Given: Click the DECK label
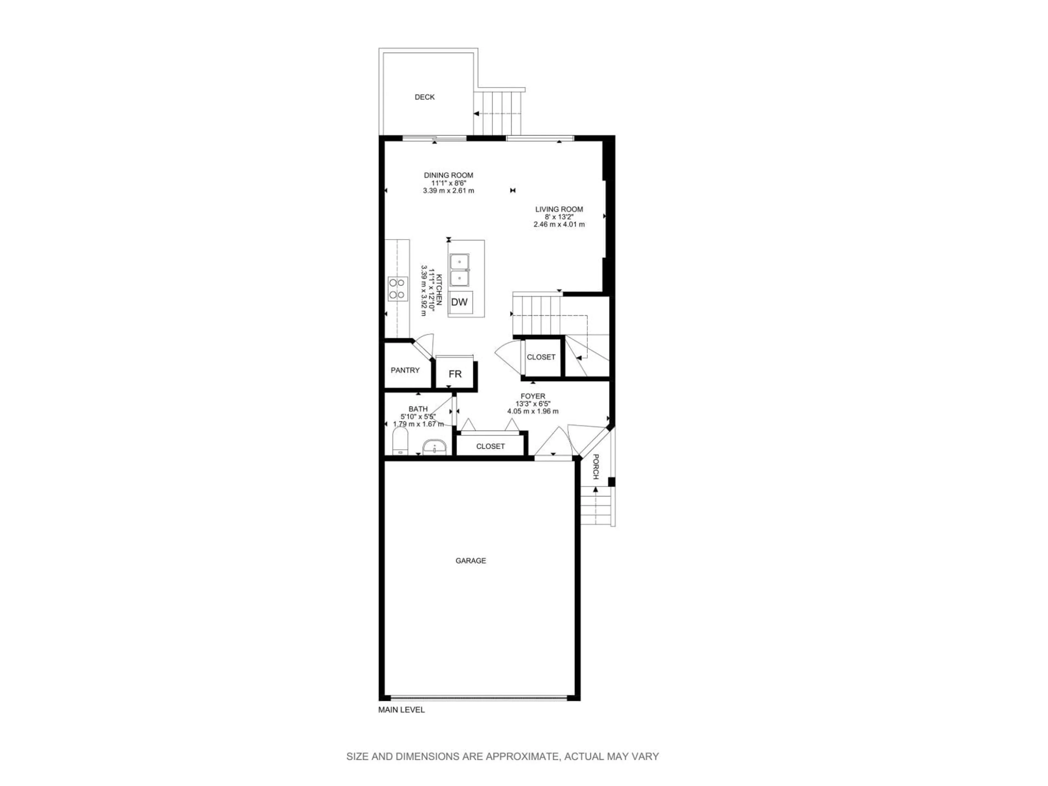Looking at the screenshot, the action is pyautogui.click(x=424, y=97).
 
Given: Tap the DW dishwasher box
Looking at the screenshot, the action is pyautogui.click(x=459, y=302).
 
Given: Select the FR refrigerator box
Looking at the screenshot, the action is pyautogui.click(x=455, y=374).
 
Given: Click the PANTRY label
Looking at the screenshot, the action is pyautogui.click(x=405, y=370).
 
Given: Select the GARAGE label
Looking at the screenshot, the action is pyautogui.click(x=471, y=561).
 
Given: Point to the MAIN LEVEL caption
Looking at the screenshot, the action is pyautogui.click(x=401, y=723).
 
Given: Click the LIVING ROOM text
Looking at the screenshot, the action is pyautogui.click(x=559, y=209).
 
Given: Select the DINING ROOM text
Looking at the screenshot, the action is pyautogui.click(x=448, y=175).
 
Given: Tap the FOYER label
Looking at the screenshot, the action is pyautogui.click(x=533, y=396).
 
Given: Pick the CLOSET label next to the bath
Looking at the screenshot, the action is pyautogui.click(x=490, y=446).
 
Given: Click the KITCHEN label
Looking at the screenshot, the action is pyautogui.click(x=439, y=289).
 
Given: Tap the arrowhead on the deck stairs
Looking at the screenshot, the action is pyautogui.click(x=477, y=114).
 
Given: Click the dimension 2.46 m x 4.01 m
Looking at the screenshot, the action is pyautogui.click(x=559, y=224).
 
